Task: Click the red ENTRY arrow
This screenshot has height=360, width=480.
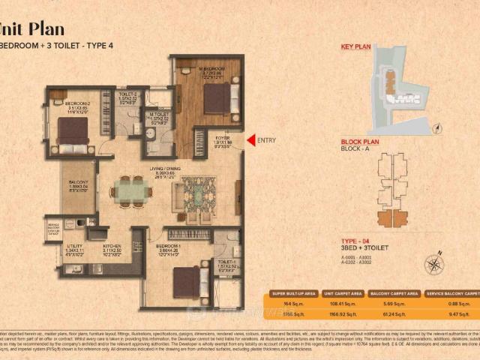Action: click(x=250, y=139)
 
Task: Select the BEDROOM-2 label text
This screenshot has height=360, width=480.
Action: click(x=77, y=103)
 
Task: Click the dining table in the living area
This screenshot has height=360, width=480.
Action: click(x=130, y=191)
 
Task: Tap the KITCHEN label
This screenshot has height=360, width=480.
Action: click(x=112, y=245)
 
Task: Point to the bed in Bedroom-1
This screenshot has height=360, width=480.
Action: click(x=187, y=281)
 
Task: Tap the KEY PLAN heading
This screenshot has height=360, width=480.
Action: click(x=355, y=46)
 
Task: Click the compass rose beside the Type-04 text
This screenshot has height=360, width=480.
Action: click(x=433, y=264)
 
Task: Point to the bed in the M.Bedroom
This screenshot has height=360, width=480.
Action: click(x=217, y=97)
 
